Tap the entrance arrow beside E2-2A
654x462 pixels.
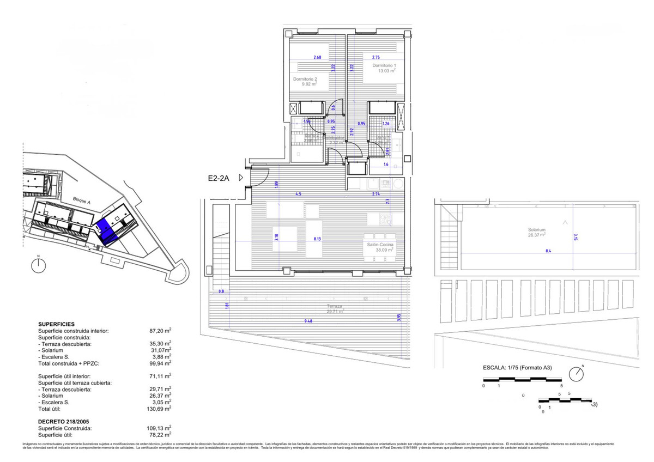pyautogui.click(x=241, y=178)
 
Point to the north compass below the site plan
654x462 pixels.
pyautogui.click(x=38, y=265)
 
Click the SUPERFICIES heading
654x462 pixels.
pyautogui.click(x=56, y=324)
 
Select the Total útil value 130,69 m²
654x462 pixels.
pyautogui.click(x=160, y=409)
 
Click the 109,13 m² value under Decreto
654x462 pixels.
pyautogui.click(x=160, y=428)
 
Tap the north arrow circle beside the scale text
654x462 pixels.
pyautogui.click(x=576, y=375)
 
